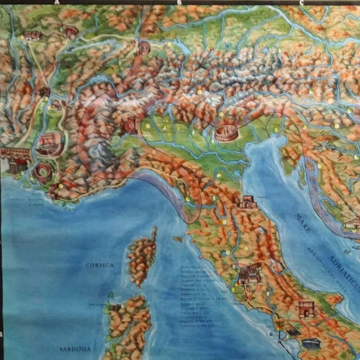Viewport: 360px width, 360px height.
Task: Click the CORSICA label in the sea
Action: coord(101,264)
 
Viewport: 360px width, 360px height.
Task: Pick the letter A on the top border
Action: coord(57,2)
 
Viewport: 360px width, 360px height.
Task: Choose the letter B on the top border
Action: coord(179,2)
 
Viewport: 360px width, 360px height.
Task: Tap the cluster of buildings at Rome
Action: coord(246,276)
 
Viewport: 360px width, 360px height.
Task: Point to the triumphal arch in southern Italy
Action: coord(305,310)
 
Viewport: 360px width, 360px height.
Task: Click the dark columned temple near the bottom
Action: coord(309,344)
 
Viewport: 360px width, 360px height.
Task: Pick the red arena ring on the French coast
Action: coord(41,171)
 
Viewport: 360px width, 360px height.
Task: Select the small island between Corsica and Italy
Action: coord(178,239)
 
